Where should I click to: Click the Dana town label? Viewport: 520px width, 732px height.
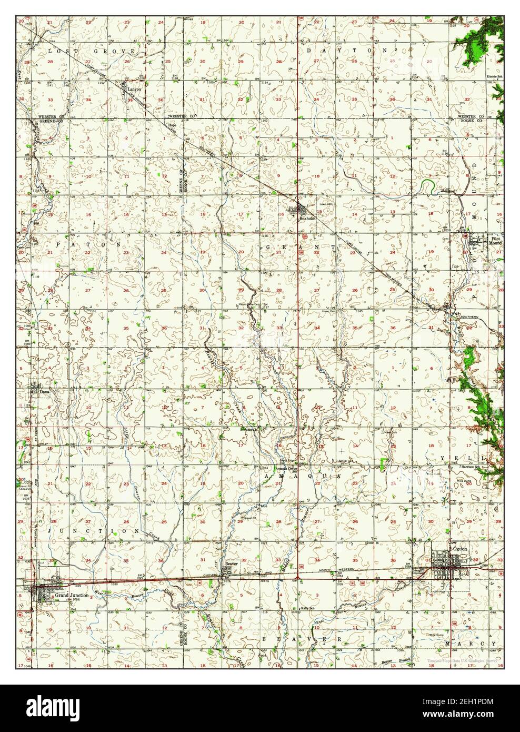coord(45,391)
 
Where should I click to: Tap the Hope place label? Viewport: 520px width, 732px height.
coord(171,125)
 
